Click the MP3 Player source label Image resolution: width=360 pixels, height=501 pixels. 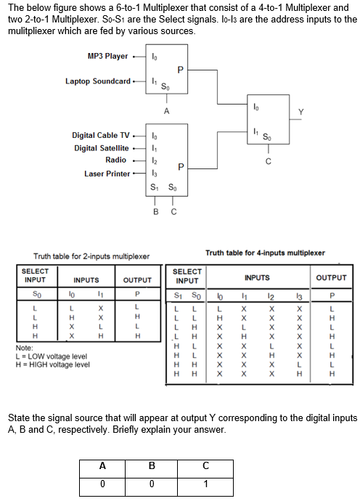[107, 56]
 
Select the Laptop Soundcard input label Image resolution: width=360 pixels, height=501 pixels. [98, 81]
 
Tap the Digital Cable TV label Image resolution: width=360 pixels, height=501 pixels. [100, 136]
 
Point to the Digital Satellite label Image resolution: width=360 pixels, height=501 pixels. [102, 148]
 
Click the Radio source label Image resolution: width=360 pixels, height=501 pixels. [115, 160]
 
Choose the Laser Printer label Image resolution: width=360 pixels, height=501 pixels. [107, 174]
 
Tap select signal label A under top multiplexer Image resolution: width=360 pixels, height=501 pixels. [166, 111]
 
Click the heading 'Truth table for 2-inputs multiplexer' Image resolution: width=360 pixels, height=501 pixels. [91, 256]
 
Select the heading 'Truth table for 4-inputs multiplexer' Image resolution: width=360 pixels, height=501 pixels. [266, 253]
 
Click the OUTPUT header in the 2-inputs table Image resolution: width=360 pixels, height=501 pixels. [136, 280]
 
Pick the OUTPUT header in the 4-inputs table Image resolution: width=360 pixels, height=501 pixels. [331, 277]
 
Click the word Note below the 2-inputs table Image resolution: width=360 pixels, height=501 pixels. [24, 349]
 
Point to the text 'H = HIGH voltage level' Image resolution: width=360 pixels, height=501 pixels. [52, 364]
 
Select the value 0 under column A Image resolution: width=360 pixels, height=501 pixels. [103, 484]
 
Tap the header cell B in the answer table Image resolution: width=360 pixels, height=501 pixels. [152, 467]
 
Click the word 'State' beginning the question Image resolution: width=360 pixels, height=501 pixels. [18, 419]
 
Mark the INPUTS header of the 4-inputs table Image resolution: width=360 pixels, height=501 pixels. [256, 277]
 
